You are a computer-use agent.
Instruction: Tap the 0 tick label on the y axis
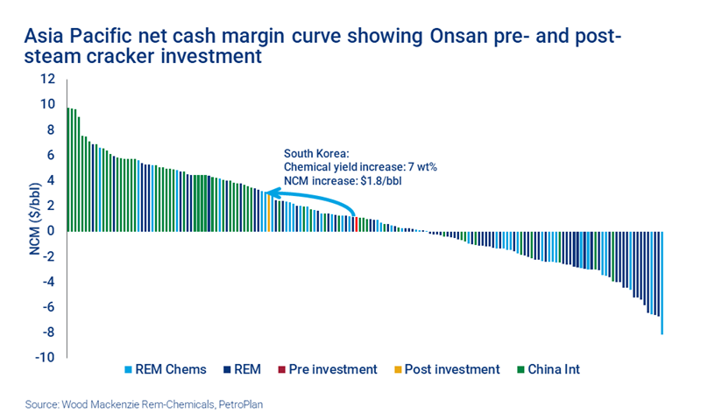pyautogui.click(x=52, y=231)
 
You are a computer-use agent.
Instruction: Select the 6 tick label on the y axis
pyautogui.click(x=52, y=155)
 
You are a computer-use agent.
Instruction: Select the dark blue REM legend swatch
pyautogui.click(x=230, y=369)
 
